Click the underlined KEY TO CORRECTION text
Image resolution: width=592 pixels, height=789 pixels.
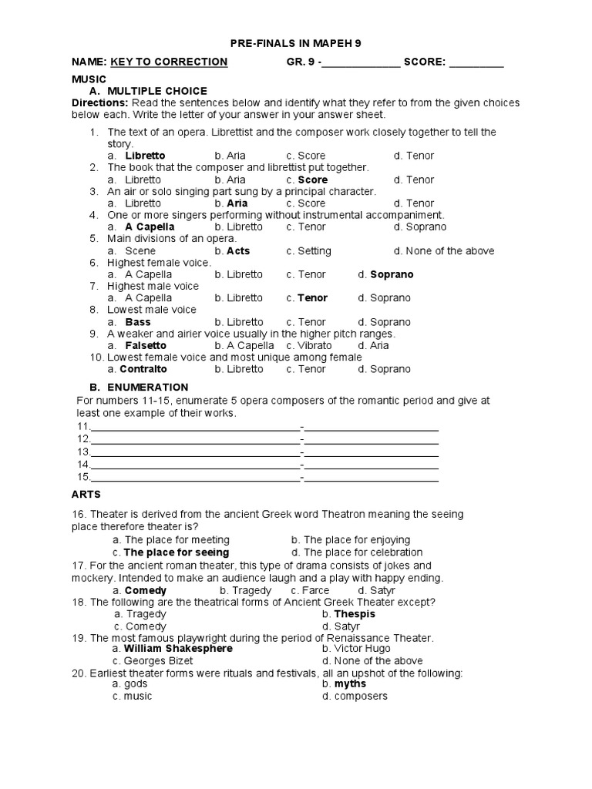click(169, 62)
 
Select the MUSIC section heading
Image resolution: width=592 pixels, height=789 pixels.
click(88, 79)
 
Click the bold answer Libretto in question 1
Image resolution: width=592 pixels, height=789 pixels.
click(145, 156)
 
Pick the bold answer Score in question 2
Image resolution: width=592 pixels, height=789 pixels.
click(313, 180)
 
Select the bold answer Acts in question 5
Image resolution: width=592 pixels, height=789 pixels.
click(238, 251)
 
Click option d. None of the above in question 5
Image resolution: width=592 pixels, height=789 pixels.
click(444, 251)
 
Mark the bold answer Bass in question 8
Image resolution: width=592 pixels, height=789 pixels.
click(138, 322)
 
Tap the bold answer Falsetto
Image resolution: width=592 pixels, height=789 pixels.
click(146, 346)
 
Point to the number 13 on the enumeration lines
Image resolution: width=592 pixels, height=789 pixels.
click(83, 452)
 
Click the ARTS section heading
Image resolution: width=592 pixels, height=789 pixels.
click(86, 494)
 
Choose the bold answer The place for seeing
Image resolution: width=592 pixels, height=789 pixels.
click(176, 552)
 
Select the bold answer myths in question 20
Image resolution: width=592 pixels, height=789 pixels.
click(350, 684)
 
